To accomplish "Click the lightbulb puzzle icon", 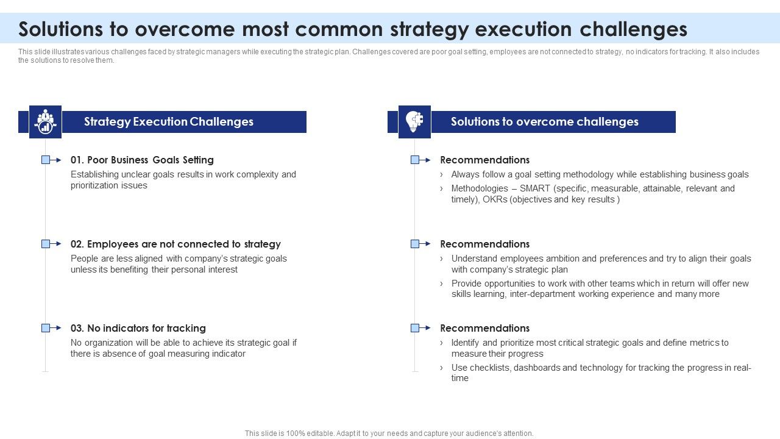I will coord(414,121).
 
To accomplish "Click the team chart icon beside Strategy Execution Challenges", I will coord(45,121).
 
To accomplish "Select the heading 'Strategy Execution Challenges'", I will coord(169,122).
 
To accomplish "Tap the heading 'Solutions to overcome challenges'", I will coord(544,122).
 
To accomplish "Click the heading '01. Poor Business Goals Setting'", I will coord(142,160).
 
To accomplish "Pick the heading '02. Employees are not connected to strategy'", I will coord(175,244).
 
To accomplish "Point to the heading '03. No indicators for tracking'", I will coord(138,328).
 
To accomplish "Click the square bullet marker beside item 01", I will coord(46,160).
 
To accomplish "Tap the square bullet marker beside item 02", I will coord(46,244).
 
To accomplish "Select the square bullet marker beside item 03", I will coord(46,328).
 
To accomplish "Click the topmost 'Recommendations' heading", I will coord(484,160).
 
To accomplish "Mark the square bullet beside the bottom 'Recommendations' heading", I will coord(415,328).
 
